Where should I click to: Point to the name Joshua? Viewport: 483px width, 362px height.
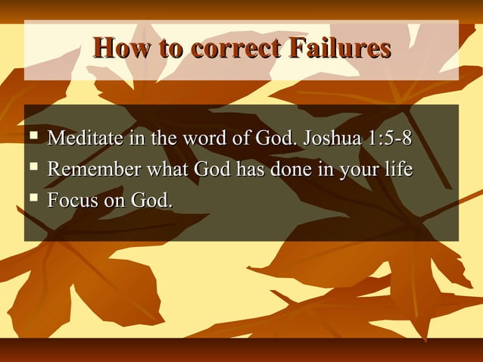330,141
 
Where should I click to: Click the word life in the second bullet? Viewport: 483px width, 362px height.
398,171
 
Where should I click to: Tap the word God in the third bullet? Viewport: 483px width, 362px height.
152,201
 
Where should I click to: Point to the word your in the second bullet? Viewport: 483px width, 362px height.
356,172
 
